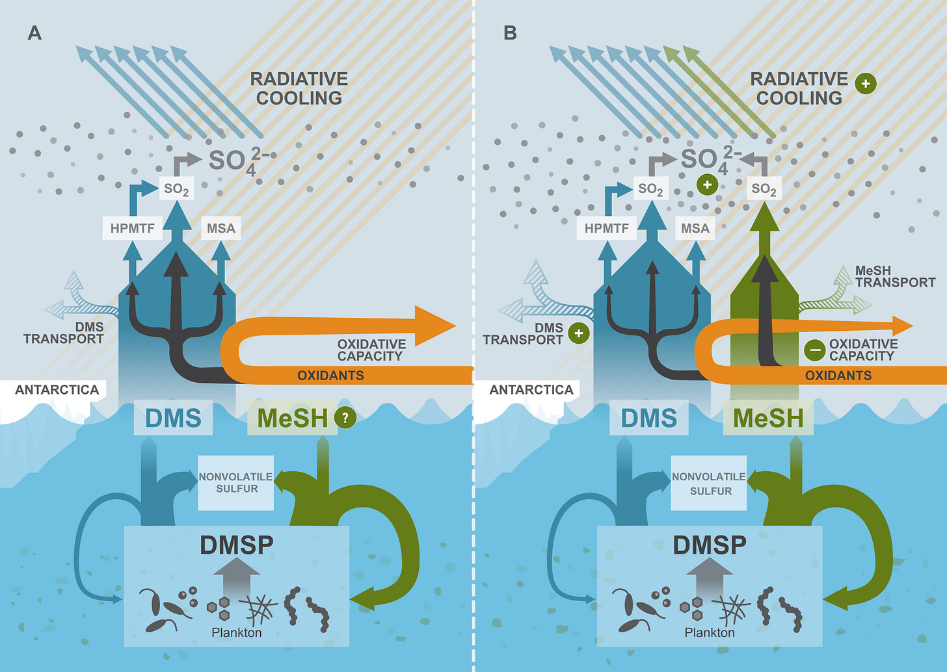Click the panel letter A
[34, 33]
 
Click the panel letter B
[510, 33]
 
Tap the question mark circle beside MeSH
[345, 418]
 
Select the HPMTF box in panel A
[133, 228]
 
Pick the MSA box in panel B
[695, 228]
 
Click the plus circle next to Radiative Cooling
[866, 84]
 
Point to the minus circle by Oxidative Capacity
[814, 350]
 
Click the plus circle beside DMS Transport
[578, 333]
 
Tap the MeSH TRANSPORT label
[895, 276]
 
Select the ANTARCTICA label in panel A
[57, 390]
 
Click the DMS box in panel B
[649, 418]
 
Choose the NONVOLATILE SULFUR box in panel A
[236, 483]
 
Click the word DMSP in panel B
[710, 545]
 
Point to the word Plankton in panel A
[237, 632]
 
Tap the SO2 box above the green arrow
[764, 189]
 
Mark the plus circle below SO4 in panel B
[707, 185]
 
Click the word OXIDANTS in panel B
[838, 376]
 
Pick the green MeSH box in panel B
[768, 418]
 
